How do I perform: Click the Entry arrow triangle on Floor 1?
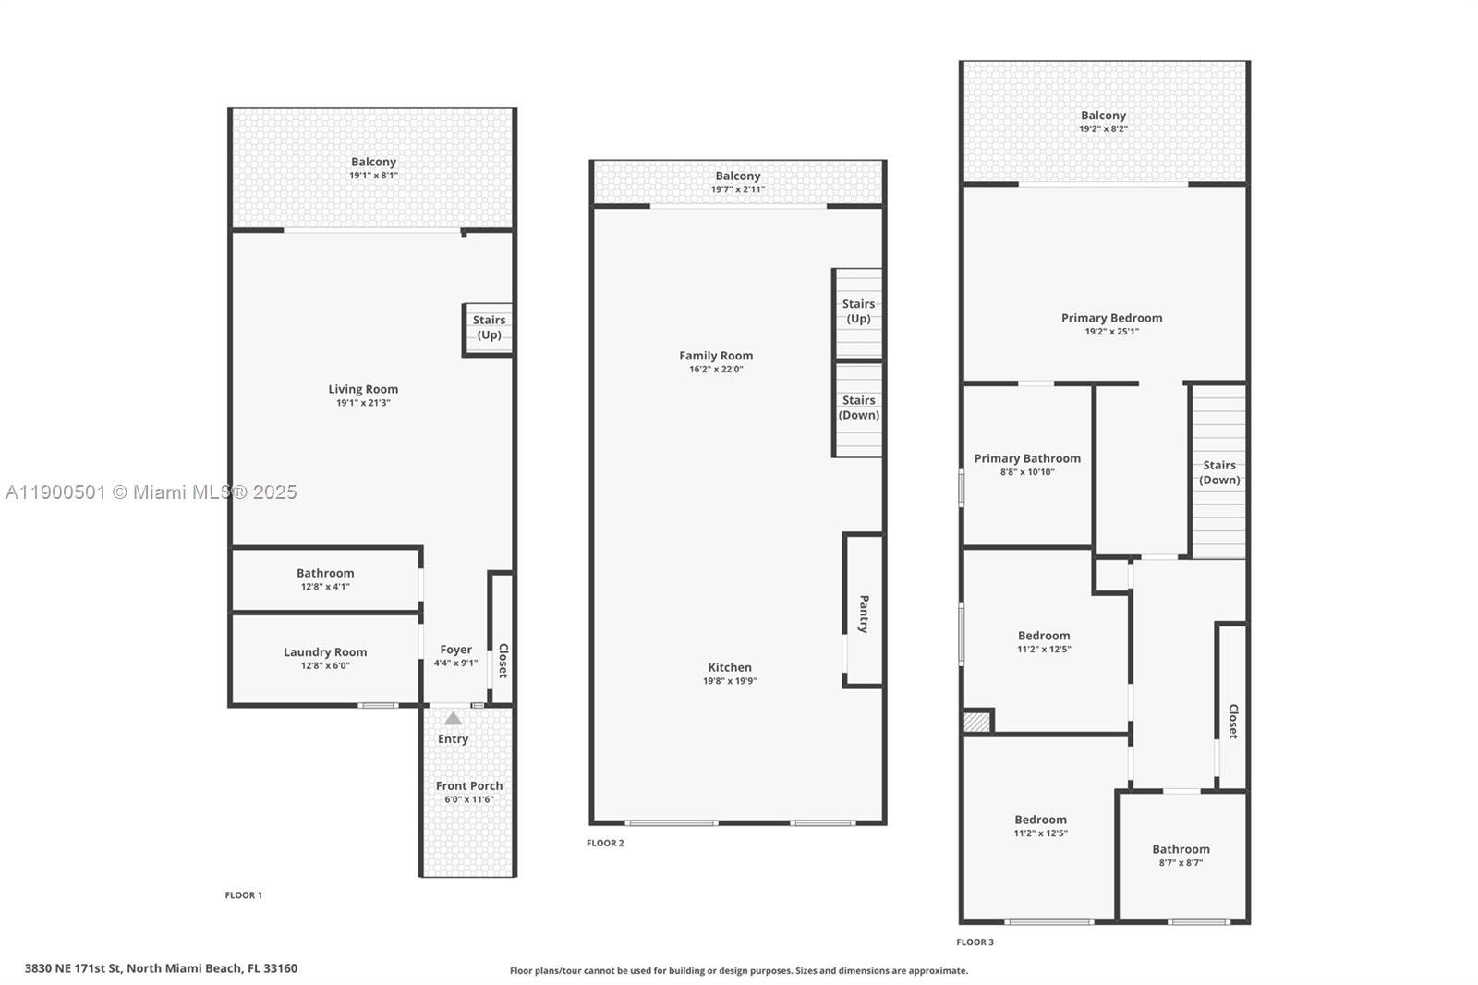pos(453,718)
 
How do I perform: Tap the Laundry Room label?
pos(325,652)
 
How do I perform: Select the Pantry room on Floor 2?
pos(864,613)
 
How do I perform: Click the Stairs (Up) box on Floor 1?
pos(489,328)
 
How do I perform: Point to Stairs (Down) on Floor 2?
pos(858,407)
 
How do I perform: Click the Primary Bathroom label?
pos(1026,458)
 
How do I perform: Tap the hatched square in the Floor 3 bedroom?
pos(976,722)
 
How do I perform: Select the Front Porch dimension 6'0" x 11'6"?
pos(469,799)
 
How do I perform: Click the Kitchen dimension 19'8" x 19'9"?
pos(730,681)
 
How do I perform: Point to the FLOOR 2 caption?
pos(605,843)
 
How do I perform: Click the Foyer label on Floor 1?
pos(455,650)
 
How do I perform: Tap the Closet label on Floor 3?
pos(1232,721)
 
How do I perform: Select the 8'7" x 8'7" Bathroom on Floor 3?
pos(1181,856)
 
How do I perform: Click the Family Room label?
pos(716,356)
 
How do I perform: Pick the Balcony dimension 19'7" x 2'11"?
pos(737,189)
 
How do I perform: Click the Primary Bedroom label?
pos(1111,318)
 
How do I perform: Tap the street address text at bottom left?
pos(161,968)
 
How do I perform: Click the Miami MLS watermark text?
pos(151,492)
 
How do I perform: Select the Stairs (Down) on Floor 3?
pos(1219,472)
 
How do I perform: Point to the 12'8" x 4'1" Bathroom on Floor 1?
pos(325,579)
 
